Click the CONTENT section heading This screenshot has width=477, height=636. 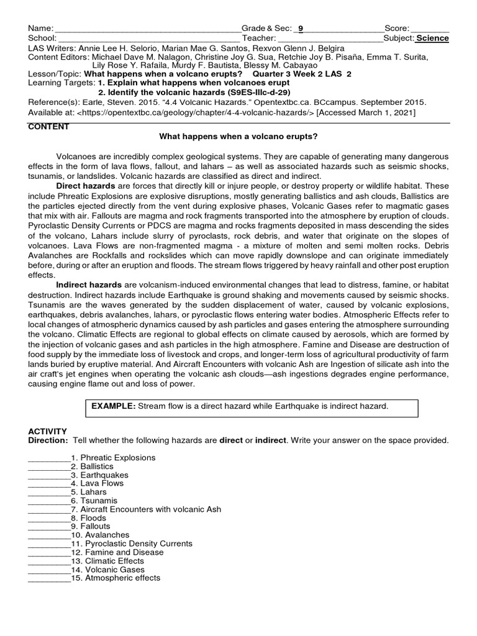pyautogui.click(x=49, y=127)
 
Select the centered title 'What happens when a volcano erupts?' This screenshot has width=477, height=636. pyautogui.click(x=238, y=136)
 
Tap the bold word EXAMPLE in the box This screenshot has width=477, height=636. pyautogui.click(x=114, y=406)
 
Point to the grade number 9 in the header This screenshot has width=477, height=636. pyautogui.click(x=301, y=29)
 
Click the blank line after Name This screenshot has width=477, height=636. pyautogui.click(x=148, y=29)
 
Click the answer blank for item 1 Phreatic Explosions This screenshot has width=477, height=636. pyautogui.click(x=49, y=458)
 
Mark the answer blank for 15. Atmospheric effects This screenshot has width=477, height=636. pyautogui.click(x=49, y=578)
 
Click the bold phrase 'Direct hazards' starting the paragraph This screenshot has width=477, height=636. pyautogui.click(x=86, y=186)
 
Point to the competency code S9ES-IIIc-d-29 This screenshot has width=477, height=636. pyautogui.click(x=265, y=92)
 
